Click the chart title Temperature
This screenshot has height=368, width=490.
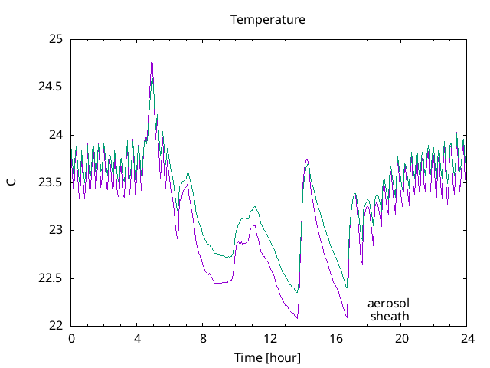(268, 20)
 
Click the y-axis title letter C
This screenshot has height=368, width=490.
(11, 182)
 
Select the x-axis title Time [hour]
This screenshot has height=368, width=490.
(268, 357)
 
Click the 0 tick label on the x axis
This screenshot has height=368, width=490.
(71, 337)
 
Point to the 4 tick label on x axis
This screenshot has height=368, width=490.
(137, 337)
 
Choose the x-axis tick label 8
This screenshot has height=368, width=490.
(204, 337)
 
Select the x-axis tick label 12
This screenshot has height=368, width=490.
(269, 337)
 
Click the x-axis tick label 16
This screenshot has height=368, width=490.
(335, 337)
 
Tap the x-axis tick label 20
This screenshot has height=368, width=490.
(402, 337)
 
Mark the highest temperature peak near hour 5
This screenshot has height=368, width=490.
(152, 57)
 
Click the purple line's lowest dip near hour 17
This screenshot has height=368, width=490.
(347, 317)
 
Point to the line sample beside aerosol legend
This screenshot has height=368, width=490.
(434, 304)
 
